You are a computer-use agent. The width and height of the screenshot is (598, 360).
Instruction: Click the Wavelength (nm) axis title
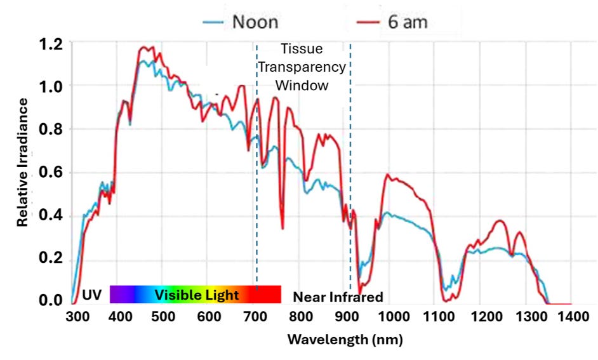tap(345, 339)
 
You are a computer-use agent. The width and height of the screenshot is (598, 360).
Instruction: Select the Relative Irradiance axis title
tap(23, 163)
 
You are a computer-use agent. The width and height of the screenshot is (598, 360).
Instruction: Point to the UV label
tap(92, 295)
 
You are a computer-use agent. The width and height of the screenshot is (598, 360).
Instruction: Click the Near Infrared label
tap(338, 297)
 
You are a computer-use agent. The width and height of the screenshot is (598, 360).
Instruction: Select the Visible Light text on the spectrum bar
tap(197, 295)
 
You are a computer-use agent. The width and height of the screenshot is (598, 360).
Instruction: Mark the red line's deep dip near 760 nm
tap(282, 227)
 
